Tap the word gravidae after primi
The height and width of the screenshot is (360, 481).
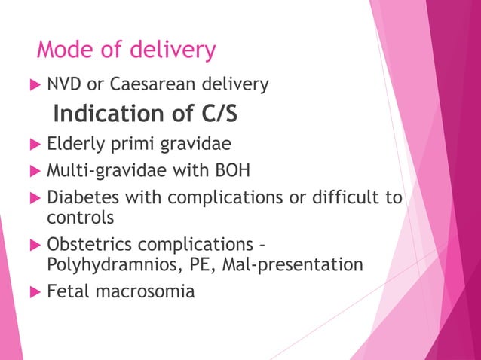tap(185, 144)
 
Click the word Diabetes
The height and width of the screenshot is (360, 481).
tap(81, 198)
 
